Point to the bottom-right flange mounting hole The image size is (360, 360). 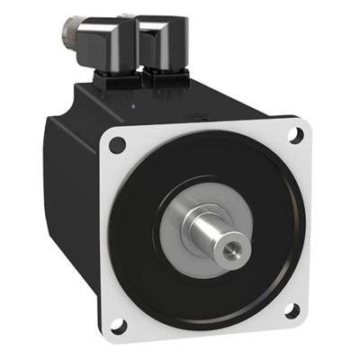point(292,310)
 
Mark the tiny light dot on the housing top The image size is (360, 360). point(134,106)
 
